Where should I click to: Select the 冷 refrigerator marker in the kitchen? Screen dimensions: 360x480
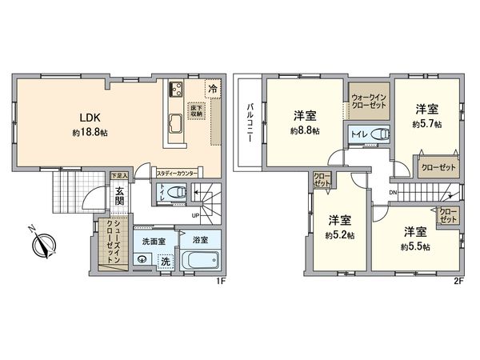click(213, 89)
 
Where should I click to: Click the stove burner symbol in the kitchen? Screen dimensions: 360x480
click(176, 89)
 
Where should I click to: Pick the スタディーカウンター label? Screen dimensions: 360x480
click(178, 173)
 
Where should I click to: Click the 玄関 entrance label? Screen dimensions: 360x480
click(118, 197)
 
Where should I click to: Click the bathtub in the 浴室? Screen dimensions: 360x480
click(196, 260)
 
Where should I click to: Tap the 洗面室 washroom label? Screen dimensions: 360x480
click(154, 239)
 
